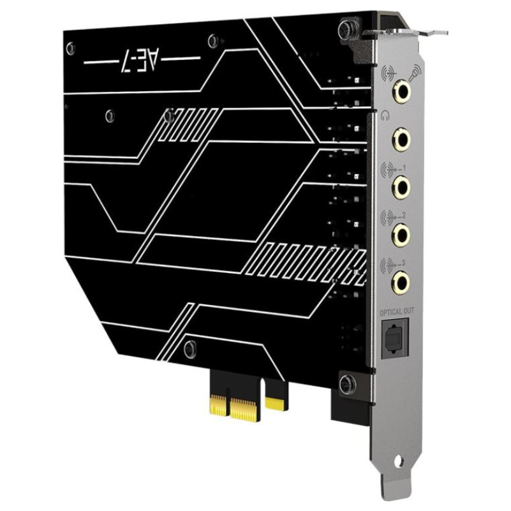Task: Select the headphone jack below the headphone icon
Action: tap(402, 137)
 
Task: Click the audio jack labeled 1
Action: tap(402, 186)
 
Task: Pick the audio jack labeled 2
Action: tap(402, 232)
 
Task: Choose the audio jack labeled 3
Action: tap(402, 279)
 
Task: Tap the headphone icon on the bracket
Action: tap(383, 116)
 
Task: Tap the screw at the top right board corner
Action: tap(346, 27)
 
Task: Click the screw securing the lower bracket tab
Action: tap(345, 383)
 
